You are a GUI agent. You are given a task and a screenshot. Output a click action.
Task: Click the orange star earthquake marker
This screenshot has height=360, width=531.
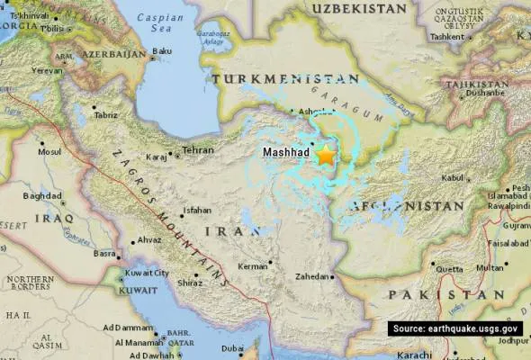point(325,155)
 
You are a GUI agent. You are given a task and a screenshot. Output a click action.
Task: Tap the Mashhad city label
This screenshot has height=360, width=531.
point(285,154)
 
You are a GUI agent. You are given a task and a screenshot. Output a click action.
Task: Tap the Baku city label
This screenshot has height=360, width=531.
point(163,50)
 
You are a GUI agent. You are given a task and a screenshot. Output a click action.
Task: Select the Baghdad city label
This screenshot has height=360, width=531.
point(42,195)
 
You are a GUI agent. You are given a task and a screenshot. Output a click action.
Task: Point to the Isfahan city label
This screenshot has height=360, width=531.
point(196,211)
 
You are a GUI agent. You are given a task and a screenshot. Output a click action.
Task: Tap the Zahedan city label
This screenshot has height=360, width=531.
point(313,276)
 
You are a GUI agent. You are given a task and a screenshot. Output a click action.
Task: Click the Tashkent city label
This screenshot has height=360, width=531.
point(446,36)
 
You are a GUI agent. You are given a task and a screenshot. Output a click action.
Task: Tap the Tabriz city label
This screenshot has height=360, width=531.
point(105,115)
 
